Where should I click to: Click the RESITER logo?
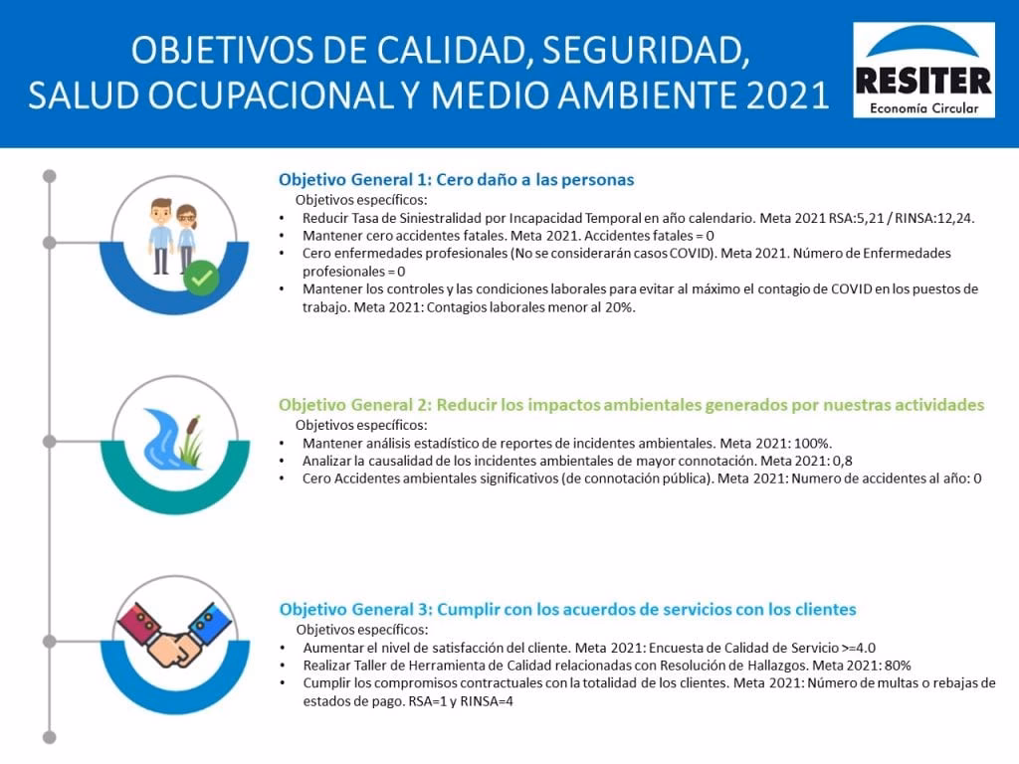tap(923, 71)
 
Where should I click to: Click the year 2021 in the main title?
tap(788, 95)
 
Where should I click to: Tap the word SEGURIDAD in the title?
tap(645, 50)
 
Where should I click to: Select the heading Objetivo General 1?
tap(456, 180)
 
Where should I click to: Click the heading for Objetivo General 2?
tap(632, 405)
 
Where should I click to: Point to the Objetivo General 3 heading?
tap(568, 610)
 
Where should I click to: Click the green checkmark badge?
tap(201, 278)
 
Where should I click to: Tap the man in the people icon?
tap(160, 236)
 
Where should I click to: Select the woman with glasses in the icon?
tap(186, 238)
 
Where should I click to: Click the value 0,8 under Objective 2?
tap(842, 462)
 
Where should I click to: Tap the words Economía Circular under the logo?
tap(924, 107)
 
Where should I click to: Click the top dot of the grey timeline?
tap(50, 176)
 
